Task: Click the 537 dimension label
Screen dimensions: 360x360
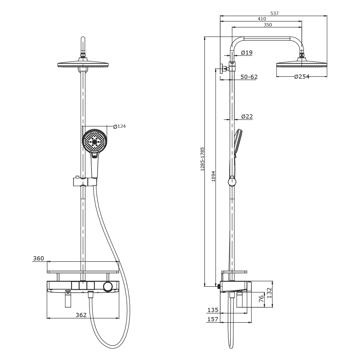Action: [274, 13]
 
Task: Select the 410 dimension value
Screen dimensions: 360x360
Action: [262, 19]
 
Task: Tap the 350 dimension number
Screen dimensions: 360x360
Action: [268, 25]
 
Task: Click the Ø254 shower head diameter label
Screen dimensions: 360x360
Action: [302, 76]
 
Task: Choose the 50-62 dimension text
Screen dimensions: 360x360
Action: [249, 77]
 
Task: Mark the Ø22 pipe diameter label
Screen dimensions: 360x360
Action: [247, 117]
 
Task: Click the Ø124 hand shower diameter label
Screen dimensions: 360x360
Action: [120, 127]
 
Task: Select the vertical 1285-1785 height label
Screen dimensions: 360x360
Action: [202, 159]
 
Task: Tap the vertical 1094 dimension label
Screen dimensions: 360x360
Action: [213, 176]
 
